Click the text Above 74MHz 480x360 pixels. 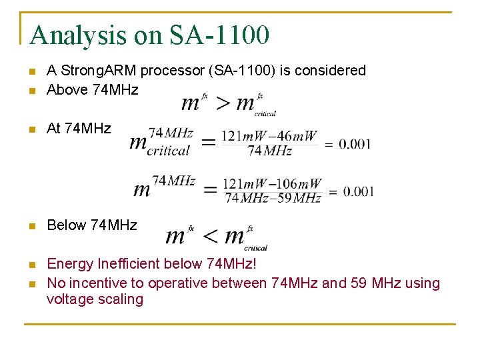[92, 89]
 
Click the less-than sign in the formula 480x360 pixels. [209, 235]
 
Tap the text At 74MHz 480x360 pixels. [79, 128]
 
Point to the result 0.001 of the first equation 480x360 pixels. [355, 145]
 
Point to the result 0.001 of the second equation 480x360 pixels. [359, 192]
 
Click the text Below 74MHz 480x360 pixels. [91, 225]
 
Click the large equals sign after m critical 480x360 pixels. [208, 142]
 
